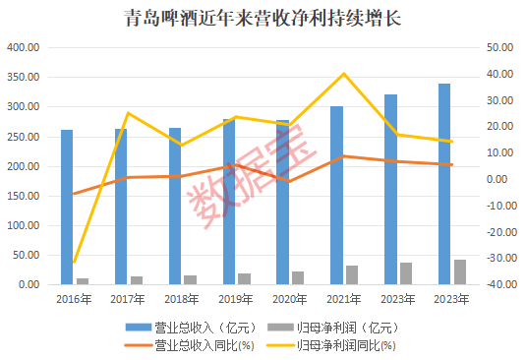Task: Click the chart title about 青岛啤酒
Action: click(263, 18)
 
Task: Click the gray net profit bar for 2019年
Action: click(244, 278)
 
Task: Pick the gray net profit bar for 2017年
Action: click(137, 280)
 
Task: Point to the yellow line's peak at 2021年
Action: click(344, 74)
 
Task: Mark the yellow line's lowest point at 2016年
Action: click(75, 263)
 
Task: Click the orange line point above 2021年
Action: click(344, 156)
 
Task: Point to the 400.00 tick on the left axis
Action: click(22, 47)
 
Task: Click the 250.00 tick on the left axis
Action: click(22, 136)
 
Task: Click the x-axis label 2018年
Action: click(183, 298)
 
